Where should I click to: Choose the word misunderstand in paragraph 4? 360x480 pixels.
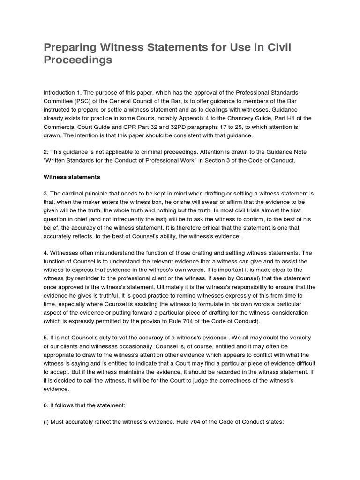pos(112,253)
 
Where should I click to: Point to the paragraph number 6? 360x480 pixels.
pos(46,405)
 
